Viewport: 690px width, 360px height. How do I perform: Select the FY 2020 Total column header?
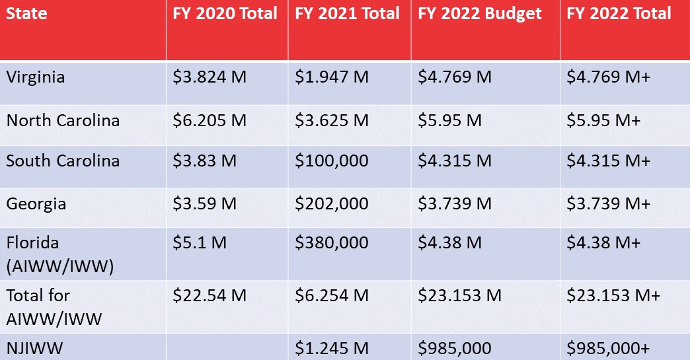pyautogui.click(x=225, y=14)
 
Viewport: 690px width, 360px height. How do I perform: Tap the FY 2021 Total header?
pyautogui.click(x=347, y=14)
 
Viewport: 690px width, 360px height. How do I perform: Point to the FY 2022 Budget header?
pyautogui.click(x=480, y=14)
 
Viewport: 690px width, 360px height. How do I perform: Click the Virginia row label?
pyautogui.click(x=36, y=77)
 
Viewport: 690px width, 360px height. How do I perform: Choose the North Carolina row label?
pyautogui.click(x=63, y=121)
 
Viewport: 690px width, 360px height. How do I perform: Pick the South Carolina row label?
pyautogui.click(x=63, y=161)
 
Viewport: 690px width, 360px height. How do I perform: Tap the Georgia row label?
pyautogui.click(x=36, y=203)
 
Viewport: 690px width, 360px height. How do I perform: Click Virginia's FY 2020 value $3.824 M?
pyautogui.click(x=210, y=77)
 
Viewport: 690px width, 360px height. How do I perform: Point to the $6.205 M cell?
pyautogui.click(x=210, y=121)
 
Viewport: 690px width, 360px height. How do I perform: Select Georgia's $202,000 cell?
pyautogui.click(x=332, y=203)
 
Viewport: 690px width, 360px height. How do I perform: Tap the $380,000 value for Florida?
pyautogui.click(x=332, y=243)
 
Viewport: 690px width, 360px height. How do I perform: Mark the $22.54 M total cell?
pyautogui.click(x=210, y=295)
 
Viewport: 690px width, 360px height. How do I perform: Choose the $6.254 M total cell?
pyautogui.click(x=332, y=295)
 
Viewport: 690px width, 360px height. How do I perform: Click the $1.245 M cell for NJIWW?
pyautogui.click(x=332, y=348)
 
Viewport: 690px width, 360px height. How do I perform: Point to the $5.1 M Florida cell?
pyautogui.click(x=200, y=243)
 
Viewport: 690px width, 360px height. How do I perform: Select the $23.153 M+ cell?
pyautogui.click(x=613, y=295)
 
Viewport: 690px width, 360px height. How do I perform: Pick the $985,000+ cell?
pyautogui.click(x=609, y=348)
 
